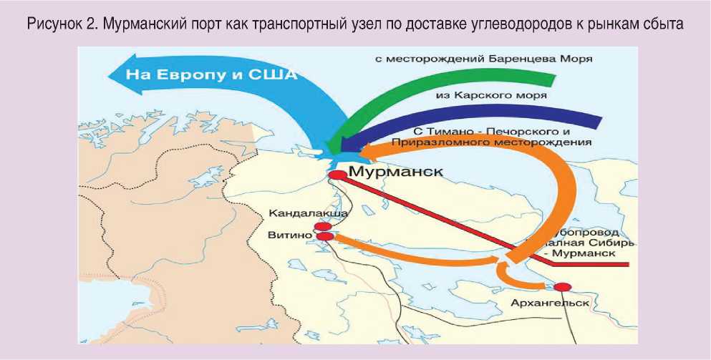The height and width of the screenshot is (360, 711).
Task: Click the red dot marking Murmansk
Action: [x=337, y=174]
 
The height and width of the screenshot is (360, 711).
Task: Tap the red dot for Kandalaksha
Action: [x=323, y=226]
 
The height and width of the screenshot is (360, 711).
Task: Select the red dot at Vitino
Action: [x=325, y=236]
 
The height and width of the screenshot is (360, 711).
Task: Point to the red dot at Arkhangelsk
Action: [x=563, y=287]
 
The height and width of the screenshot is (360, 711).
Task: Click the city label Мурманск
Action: [x=395, y=172]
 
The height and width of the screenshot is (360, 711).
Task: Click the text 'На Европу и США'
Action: [x=212, y=74]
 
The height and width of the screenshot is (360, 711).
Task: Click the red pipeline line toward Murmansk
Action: [x=444, y=215]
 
